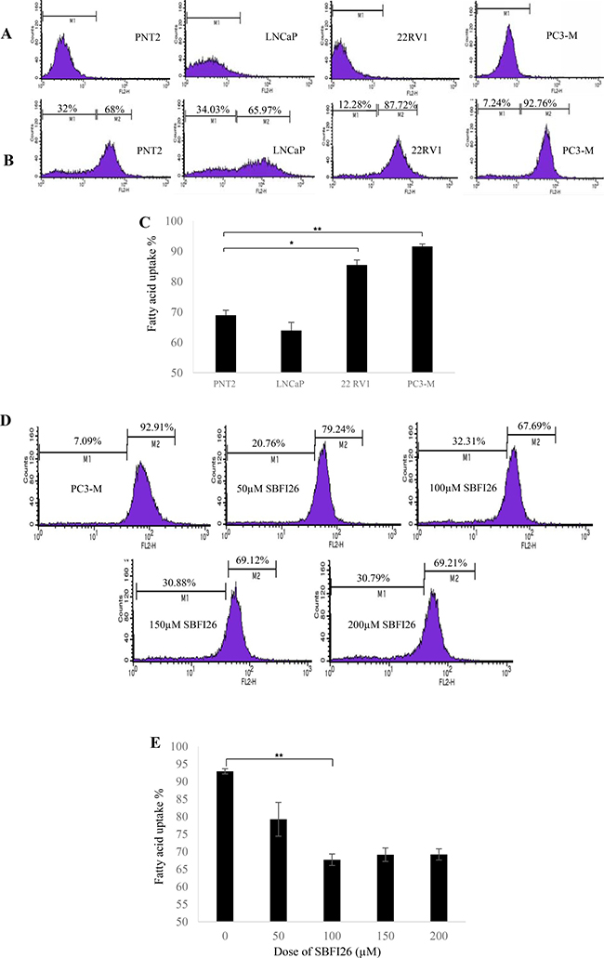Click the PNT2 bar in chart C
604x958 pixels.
point(224,344)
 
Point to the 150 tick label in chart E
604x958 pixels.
point(387,932)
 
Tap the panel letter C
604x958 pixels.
point(137,224)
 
